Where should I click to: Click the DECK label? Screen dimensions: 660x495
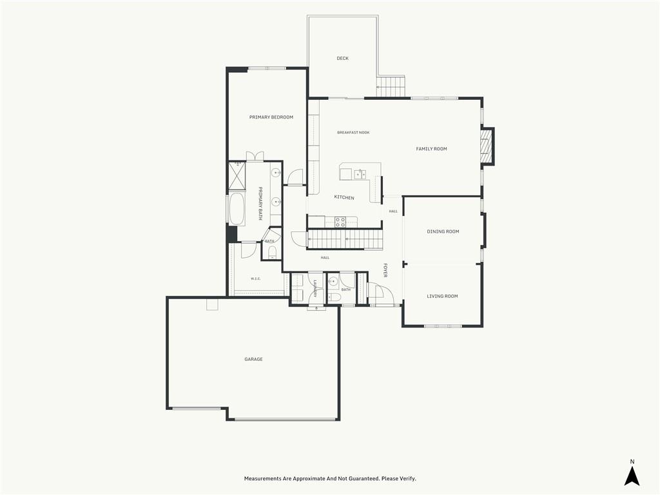pos(343,59)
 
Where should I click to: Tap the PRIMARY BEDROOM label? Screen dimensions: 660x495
pos(271,117)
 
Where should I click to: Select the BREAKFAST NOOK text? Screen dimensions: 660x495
pos(353,133)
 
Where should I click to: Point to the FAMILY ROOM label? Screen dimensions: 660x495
pos(431,149)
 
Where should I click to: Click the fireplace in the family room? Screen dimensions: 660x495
pos(487,146)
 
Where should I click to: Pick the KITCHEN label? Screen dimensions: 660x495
pos(344,198)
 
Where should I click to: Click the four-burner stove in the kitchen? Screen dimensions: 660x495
pos(340,222)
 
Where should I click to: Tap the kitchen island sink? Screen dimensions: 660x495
pos(360,174)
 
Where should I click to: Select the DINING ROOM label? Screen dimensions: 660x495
pos(443,231)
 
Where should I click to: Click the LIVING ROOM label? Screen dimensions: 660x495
pos(442,296)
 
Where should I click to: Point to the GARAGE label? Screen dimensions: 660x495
pos(253,360)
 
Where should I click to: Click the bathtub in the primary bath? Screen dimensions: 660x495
pos(237,209)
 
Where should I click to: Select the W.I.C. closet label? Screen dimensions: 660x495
pos(255,278)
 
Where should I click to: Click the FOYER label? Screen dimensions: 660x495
pos(385,270)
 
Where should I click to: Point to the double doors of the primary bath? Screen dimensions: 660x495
pos(255,156)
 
